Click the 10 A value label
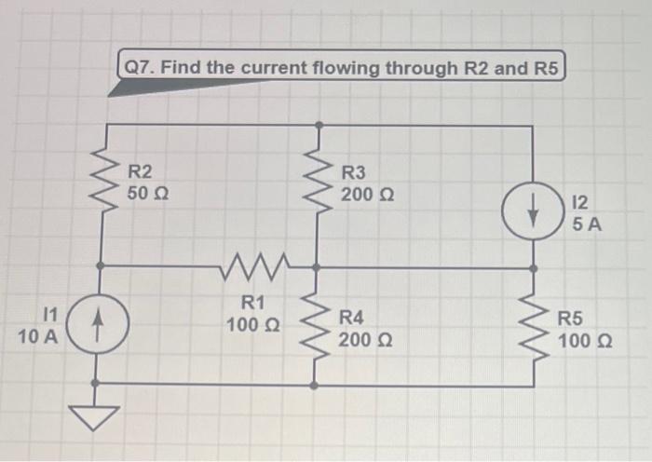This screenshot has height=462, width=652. [x=37, y=336]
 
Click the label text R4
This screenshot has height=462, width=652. [x=352, y=318]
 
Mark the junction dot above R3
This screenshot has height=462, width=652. [x=319, y=124]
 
